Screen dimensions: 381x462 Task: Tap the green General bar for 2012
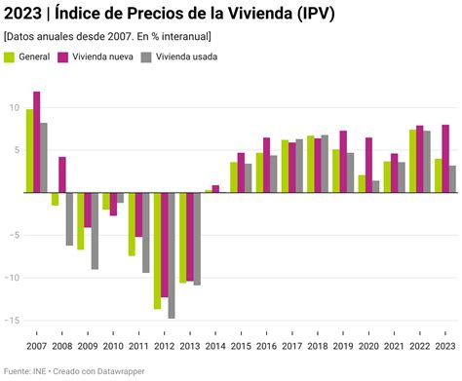click(x=157, y=250)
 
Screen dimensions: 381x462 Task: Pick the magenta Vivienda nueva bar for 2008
click(x=62, y=174)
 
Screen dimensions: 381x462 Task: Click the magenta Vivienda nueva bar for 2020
click(x=368, y=165)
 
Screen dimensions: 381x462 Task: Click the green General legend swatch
click(x=10, y=57)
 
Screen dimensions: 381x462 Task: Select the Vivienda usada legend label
click(x=186, y=57)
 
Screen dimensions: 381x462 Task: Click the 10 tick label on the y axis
click(x=14, y=108)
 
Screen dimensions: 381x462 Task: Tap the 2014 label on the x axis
click(x=214, y=346)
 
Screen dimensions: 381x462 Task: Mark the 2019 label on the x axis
click(x=343, y=346)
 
